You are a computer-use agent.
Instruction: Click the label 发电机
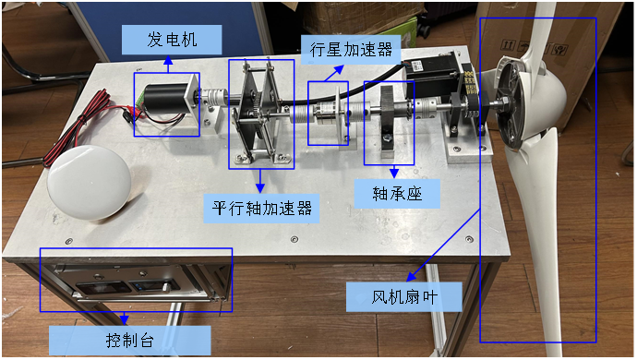172,40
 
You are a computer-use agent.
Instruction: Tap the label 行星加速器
351,50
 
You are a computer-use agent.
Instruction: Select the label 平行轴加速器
261,209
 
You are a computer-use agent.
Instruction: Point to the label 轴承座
397,194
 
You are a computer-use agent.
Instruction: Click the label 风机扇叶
404,297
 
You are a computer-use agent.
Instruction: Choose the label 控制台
129,340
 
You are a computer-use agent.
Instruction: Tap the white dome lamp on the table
89,183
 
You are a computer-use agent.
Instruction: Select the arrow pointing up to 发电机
168,65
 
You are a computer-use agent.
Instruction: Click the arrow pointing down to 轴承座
393,172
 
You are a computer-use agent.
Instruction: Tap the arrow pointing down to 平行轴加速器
260,181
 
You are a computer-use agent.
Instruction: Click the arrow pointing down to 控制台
125,318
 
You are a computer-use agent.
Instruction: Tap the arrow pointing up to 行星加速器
334,73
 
